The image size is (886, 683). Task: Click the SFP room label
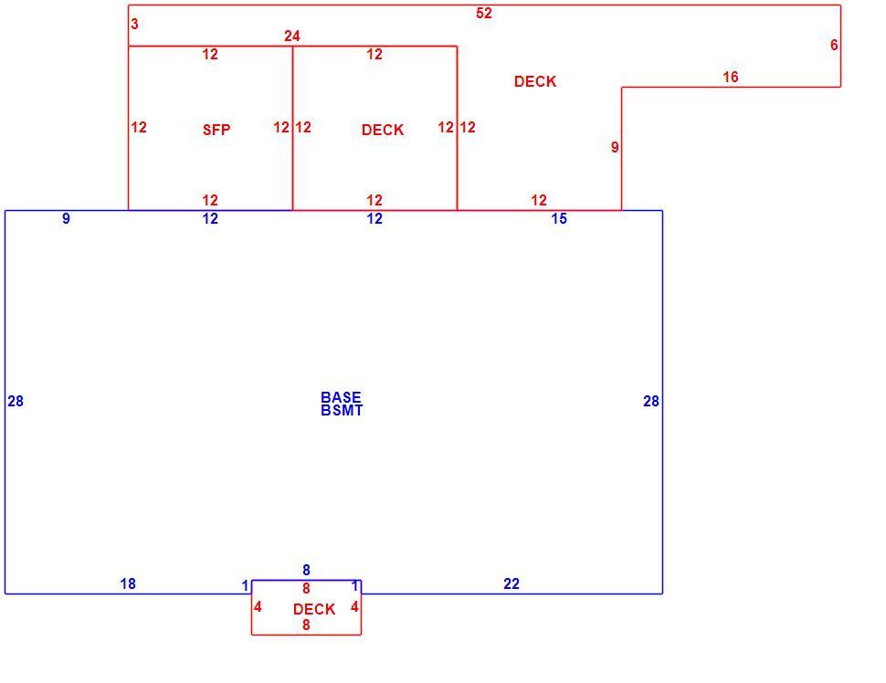click(216, 130)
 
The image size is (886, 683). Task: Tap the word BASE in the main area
click(341, 397)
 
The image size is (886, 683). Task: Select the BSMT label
click(342, 411)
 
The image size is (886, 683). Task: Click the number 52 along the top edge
click(484, 13)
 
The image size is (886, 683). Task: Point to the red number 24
click(291, 37)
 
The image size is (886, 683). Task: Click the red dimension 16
click(730, 77)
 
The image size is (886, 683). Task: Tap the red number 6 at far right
click(834, 45)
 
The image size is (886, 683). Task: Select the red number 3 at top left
click(134, 24)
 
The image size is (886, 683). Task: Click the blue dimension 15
click(559, 218)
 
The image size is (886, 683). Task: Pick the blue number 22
click(512, 583)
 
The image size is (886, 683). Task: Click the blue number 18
click(128, 583)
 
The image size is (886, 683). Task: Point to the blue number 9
click(66, 218)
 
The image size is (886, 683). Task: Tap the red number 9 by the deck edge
click(615, 147)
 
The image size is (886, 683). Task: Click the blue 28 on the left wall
click(16, 401)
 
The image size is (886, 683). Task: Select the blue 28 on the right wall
click(651, 401)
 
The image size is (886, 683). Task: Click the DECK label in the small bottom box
click(314, 609)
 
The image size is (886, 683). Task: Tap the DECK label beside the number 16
click(535, 81)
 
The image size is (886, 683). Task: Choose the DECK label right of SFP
click(383, 130)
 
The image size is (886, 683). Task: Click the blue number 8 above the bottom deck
click(306, 570)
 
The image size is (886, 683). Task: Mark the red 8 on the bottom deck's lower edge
click(306, 625)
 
